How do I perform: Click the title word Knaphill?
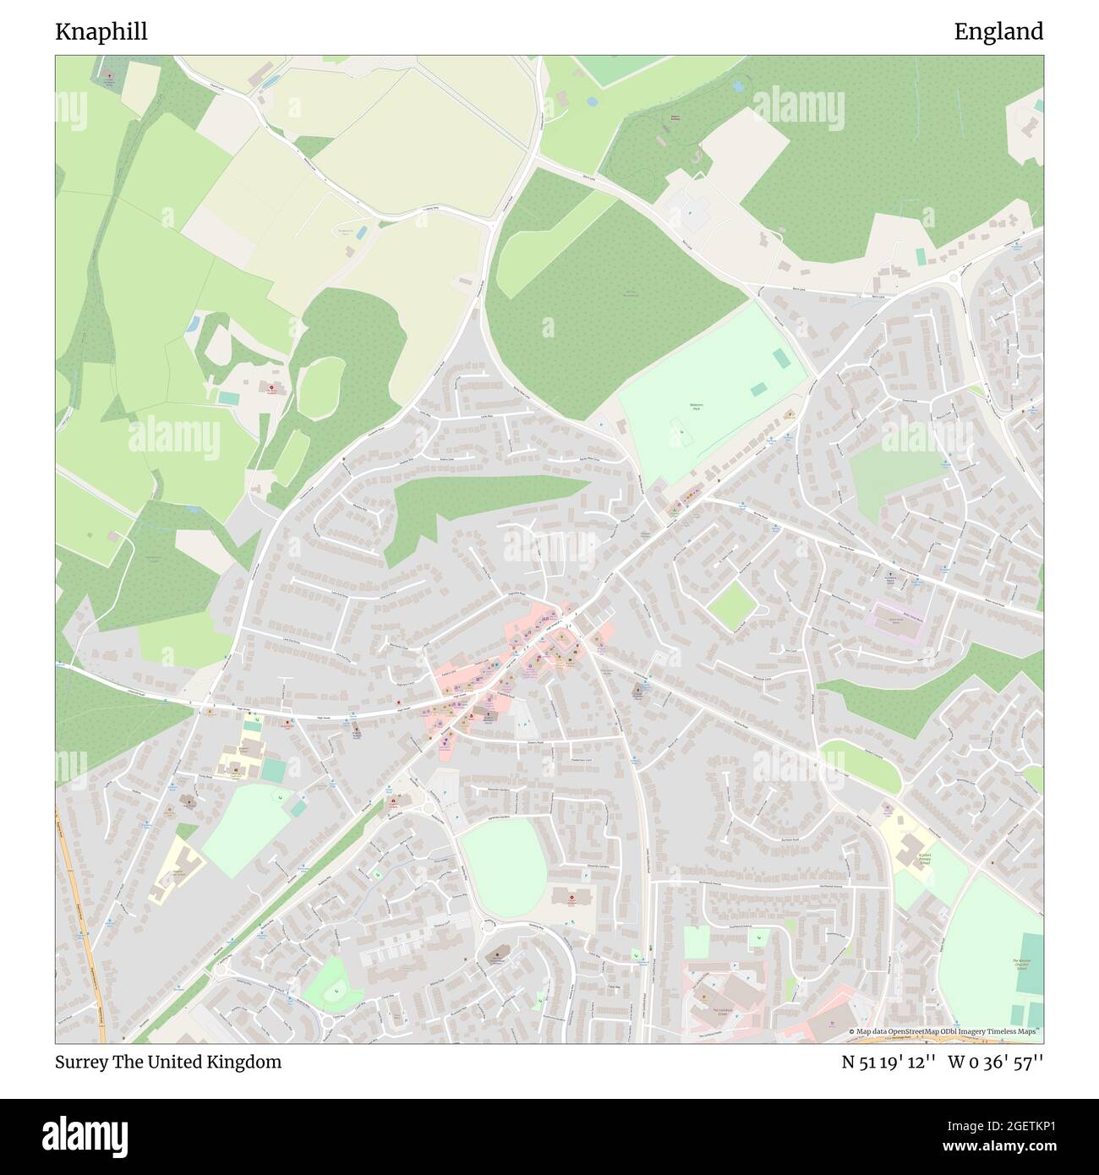coord(101,32)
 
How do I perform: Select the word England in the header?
coord(998,32)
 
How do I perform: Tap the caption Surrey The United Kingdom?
coord(168,1062)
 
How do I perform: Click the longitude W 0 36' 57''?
coord(995,1062)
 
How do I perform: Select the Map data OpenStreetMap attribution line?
coord(944,1031)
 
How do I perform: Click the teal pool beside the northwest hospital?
coord(227,396)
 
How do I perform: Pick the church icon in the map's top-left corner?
coord(108,79)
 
